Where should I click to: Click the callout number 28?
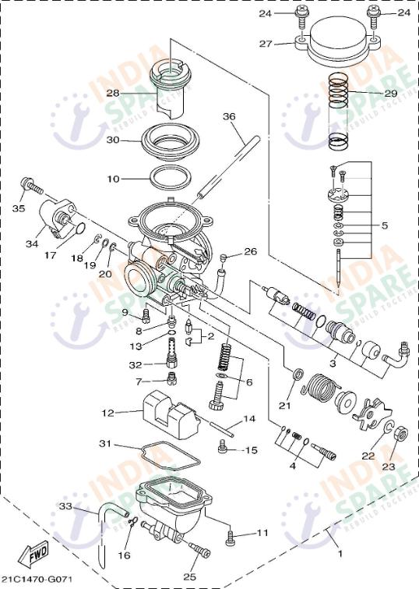(x=114, y=93)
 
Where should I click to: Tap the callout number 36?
(x=228, y=116)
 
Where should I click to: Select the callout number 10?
(x=114, y=179)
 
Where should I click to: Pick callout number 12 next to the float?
(x=107, y=412)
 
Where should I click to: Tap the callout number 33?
(x=65, y=506)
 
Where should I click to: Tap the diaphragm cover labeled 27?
(x=338, y=43)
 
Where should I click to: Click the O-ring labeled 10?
(x=167, y=177)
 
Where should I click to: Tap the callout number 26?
(x=249, y=251)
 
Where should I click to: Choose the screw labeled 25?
(x=197, y=551)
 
